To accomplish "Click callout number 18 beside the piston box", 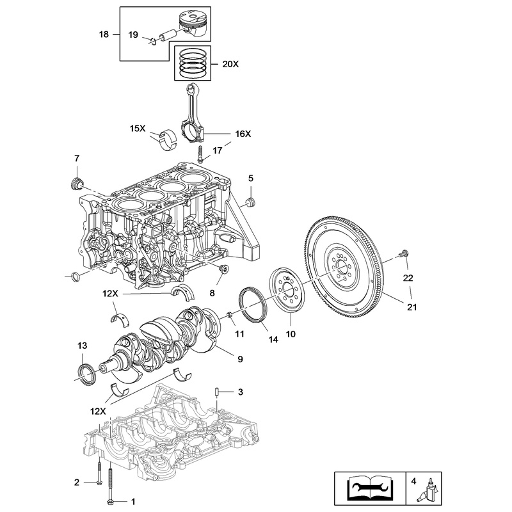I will (x=104, y=33).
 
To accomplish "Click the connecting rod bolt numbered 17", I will (x=200, y=154).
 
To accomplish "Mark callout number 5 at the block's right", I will (x=251, y=178).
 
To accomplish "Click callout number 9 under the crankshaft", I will (x=240, y=359).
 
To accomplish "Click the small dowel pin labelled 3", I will (x=218, y=392).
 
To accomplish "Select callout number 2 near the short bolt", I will (x=76, y=482).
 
